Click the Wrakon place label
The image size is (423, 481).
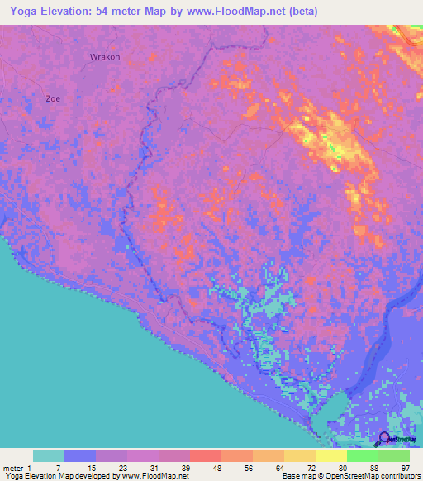pos(105,57)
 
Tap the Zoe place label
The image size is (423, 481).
pos(53,98)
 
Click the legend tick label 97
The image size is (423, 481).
pos(406,468)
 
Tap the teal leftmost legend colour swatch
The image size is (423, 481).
pos(49,455)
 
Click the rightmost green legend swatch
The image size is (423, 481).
pos(393,455)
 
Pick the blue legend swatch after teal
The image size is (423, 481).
pos(80,455)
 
